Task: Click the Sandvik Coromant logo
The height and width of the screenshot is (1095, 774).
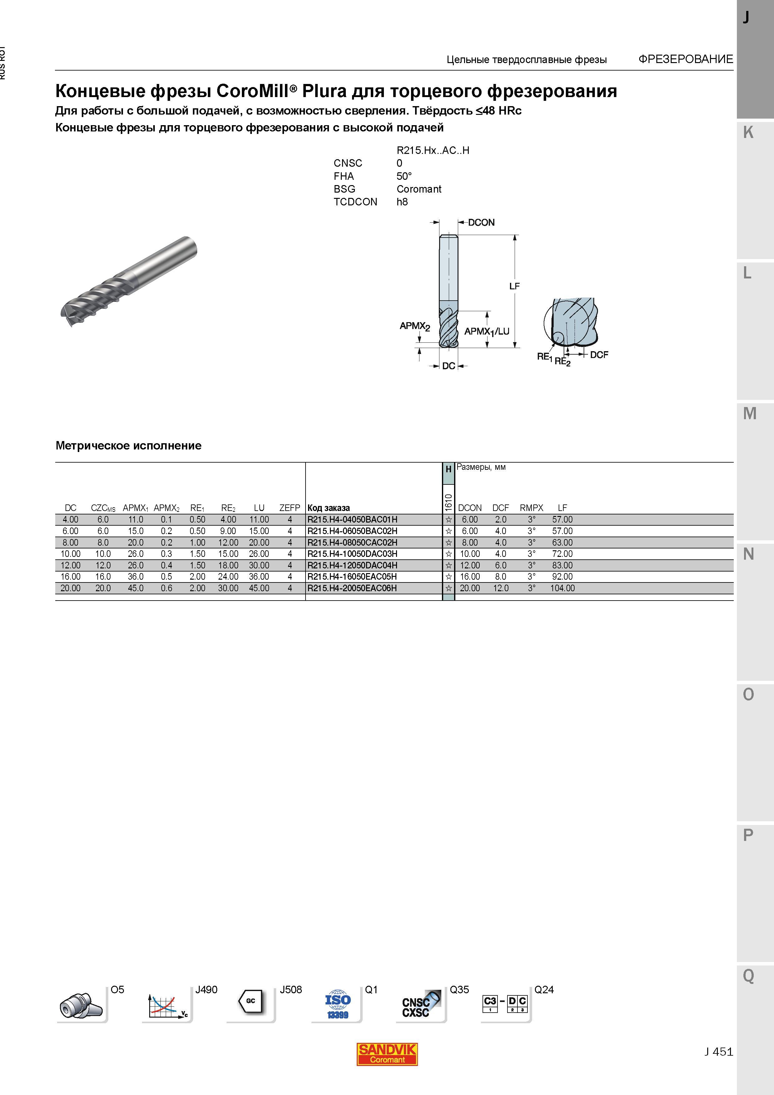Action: point(387,1054)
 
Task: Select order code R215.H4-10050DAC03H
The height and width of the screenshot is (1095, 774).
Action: point(352,554)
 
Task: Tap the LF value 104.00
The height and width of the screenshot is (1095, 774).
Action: point(562,588)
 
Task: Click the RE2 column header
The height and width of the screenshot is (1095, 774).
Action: point(228,508)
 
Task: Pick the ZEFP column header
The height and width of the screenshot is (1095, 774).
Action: point(290,508)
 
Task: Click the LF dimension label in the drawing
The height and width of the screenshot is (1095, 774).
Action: point(514,286)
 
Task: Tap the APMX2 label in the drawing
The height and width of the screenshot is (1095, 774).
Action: point(415,327)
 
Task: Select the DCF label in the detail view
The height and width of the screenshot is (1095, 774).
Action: point(599,355)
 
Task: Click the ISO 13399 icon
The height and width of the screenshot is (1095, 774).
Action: point(338,1004)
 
